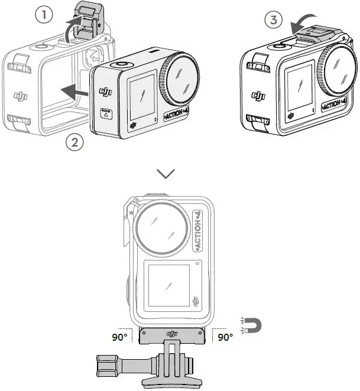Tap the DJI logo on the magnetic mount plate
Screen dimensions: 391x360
tap(173, 334)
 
